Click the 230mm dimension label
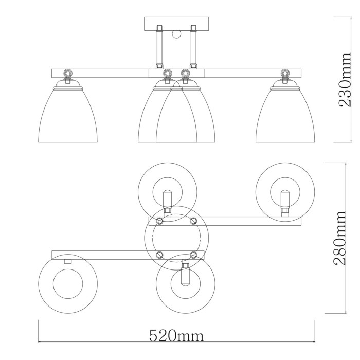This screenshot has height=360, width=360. click(344, 80)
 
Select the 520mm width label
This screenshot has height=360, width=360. click(176, 336)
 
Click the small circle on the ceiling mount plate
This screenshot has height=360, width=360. click(177, 35)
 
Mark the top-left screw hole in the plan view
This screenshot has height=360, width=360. click(159, 221)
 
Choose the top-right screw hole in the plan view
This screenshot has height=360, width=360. click(193, 221)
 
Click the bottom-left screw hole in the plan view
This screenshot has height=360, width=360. click(159, 255)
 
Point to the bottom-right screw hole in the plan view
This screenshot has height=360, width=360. click(193, 255)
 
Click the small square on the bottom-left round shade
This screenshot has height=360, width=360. click(67, 261)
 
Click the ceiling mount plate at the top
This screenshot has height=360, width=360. click(177, 24)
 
